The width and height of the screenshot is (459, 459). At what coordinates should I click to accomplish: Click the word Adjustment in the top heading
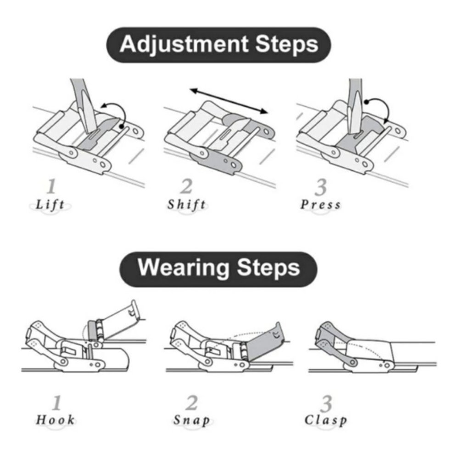pos(184,45)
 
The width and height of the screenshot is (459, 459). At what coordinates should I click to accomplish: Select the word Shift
pos(186,204)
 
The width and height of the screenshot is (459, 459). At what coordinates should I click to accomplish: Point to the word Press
pos(320,204)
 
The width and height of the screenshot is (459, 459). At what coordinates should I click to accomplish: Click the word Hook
pos(55,420)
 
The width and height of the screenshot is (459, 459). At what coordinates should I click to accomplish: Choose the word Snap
pos(192,420)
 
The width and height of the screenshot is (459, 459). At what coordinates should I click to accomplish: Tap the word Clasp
pos(325,420)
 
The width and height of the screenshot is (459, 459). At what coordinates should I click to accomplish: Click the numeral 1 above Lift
pos(51,186)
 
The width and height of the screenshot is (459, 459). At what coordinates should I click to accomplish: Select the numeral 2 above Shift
pos(186,186)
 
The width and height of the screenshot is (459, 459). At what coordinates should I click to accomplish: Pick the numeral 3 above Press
pos(320,187)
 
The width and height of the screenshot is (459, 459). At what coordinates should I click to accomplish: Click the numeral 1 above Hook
pos(56,403)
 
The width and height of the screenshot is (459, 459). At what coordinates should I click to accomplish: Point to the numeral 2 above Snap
pos(192,403)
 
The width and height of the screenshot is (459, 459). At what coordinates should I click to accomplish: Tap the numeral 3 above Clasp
pos(326,404)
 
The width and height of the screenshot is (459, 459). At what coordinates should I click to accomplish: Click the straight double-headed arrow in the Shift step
pos(229,101)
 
